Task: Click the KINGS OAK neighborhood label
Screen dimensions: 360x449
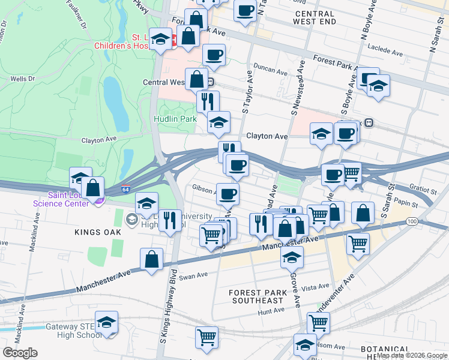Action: [x=94, y=232]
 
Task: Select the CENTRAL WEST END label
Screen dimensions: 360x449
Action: [x=314, y=17]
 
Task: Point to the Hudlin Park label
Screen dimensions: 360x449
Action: [x=175, y=119]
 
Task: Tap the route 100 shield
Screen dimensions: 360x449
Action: [x=411, y=221]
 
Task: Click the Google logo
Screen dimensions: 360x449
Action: [x=20, y=353]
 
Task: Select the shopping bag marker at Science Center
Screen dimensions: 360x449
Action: [x=93, y=188]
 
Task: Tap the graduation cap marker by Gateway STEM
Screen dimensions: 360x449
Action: [x=106, y=323]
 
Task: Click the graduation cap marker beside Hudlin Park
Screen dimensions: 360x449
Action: [x=218, y=122]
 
